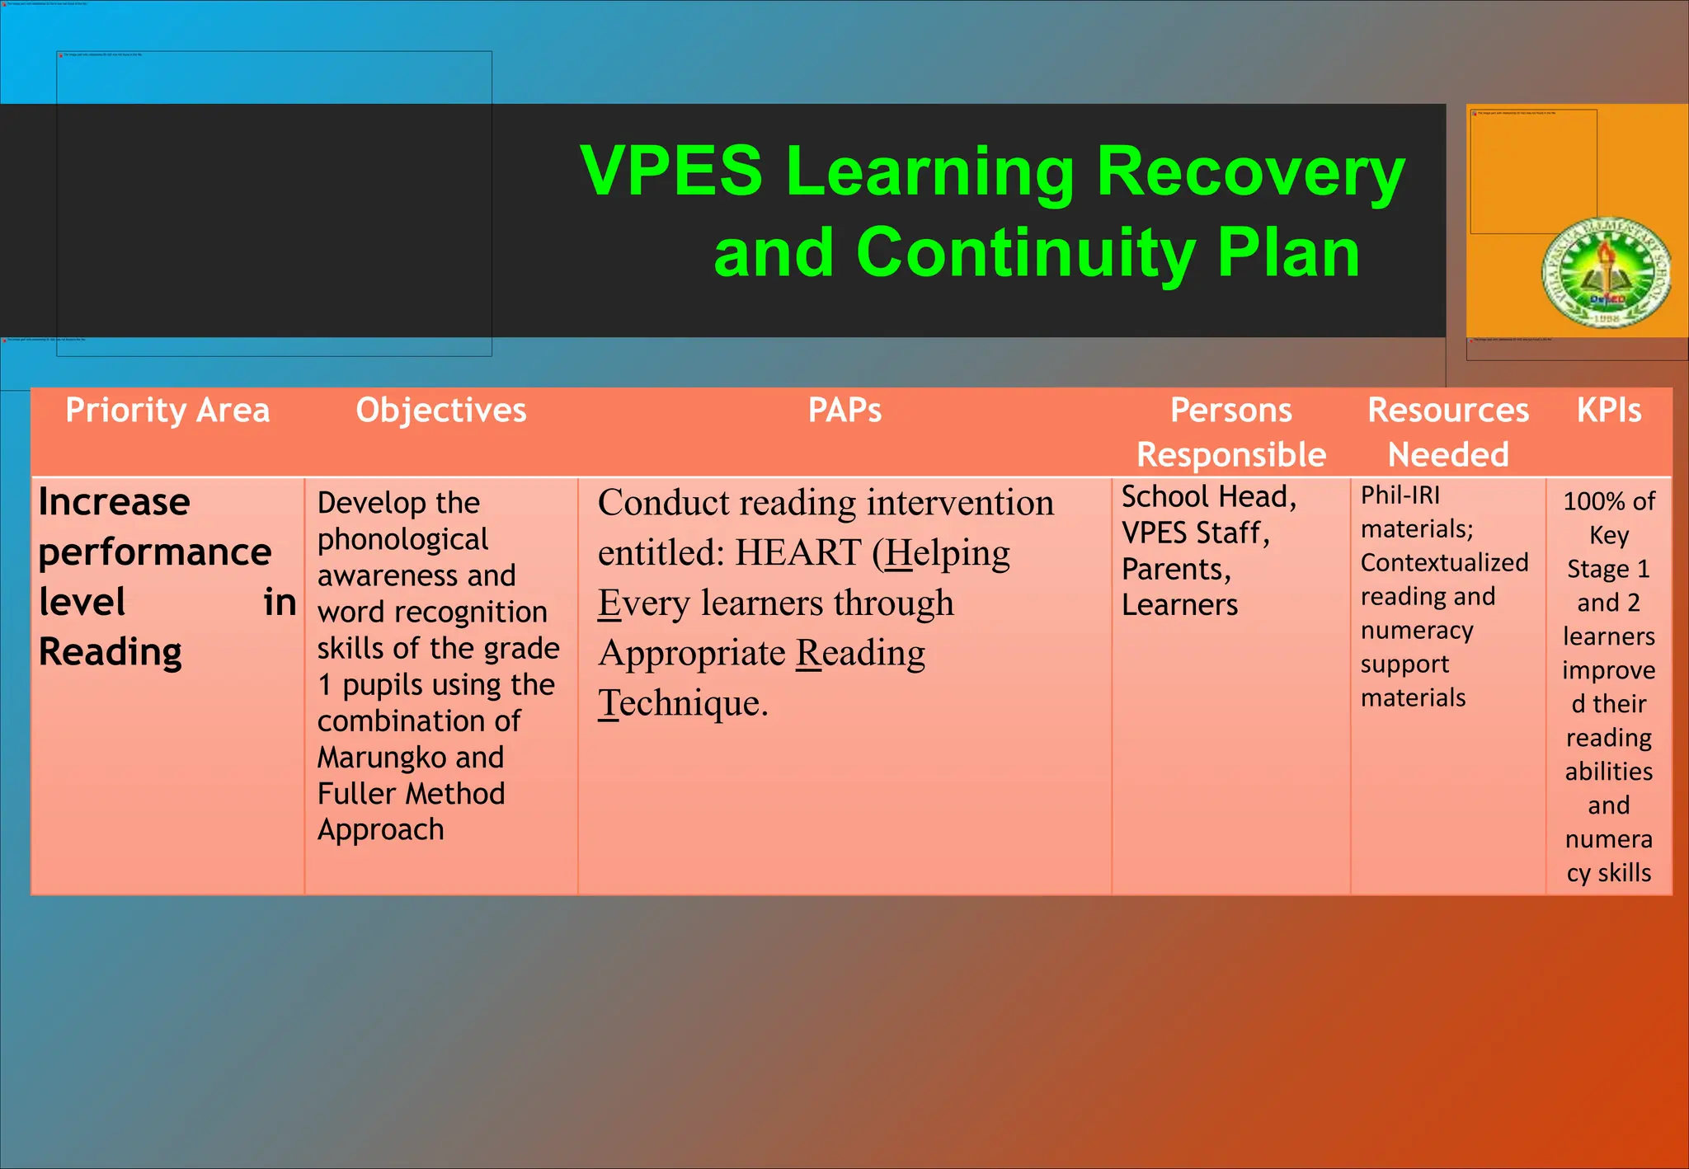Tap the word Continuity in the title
click(x=1026, y=252)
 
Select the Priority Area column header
click(x=167, y=411)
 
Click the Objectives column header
click(x=441, y=411)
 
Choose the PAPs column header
click(x=844, y=411)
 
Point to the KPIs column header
click(x=1608, y=411)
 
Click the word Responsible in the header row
click(x=1230, y=455)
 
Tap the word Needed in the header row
click(x=1448, y=455)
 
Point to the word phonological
click(x=402, y=539)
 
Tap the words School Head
click(x=1207, y=496)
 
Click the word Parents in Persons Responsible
click(x=1174, y=569)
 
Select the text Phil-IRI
click(x=1400, y=495)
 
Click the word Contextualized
click(x=1444, y=563)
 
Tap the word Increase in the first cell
click(x=115, y=502)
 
